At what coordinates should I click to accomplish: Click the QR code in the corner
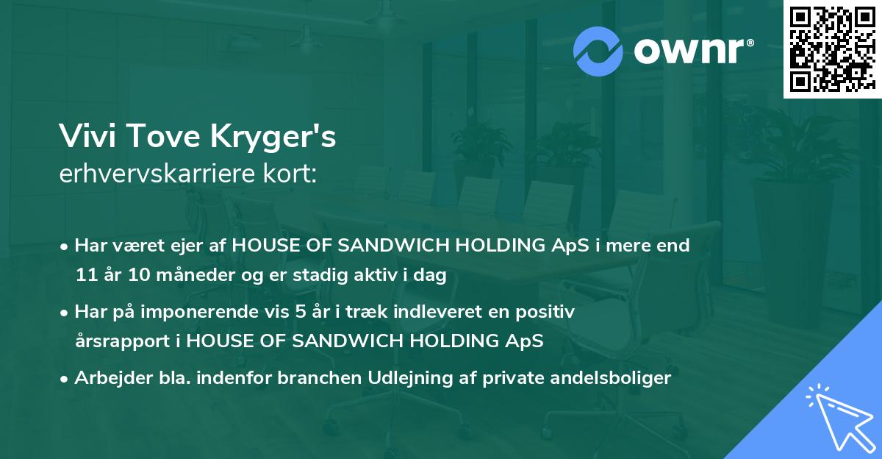(x=832, y=49)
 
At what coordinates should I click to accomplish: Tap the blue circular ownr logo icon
(x=598, y=51)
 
